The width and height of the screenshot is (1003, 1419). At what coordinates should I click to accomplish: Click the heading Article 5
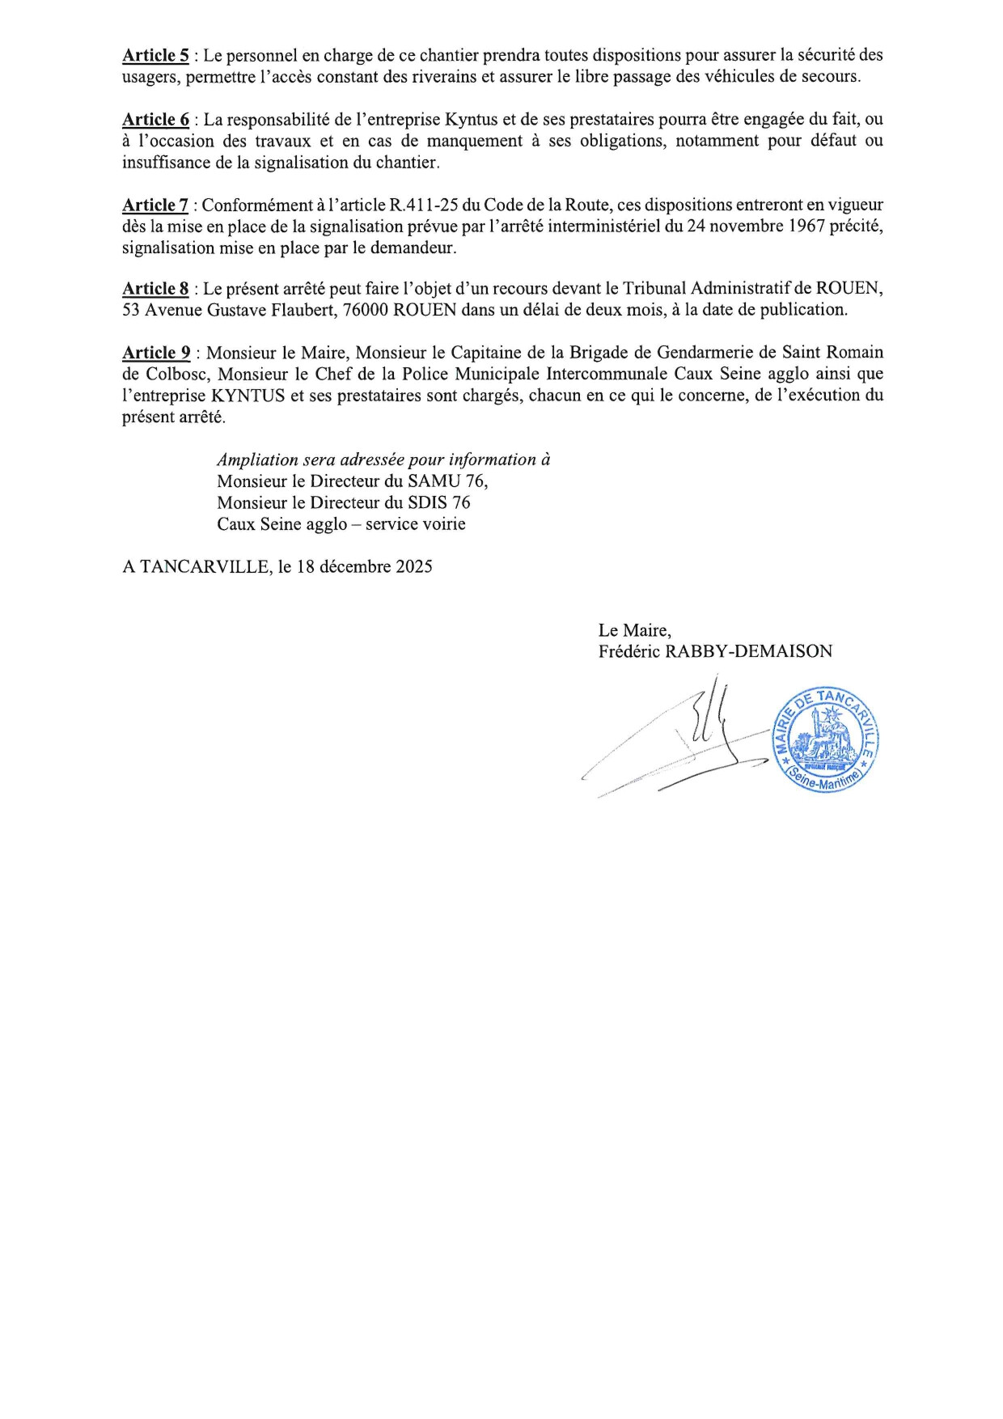[x=155, y=55]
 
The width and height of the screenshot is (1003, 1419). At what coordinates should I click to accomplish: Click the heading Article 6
[x=155, y=119]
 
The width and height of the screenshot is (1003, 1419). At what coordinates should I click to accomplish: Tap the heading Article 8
[x=155, y=289]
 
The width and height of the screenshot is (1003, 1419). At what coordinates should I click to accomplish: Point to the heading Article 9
[x=156, y=353]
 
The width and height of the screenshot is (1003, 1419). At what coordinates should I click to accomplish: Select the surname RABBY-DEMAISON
[x=748, y=651]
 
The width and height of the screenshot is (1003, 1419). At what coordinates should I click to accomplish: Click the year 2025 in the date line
[x=414, y=566]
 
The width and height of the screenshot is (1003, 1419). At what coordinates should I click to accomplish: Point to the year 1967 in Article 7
[x=806, y=227]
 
